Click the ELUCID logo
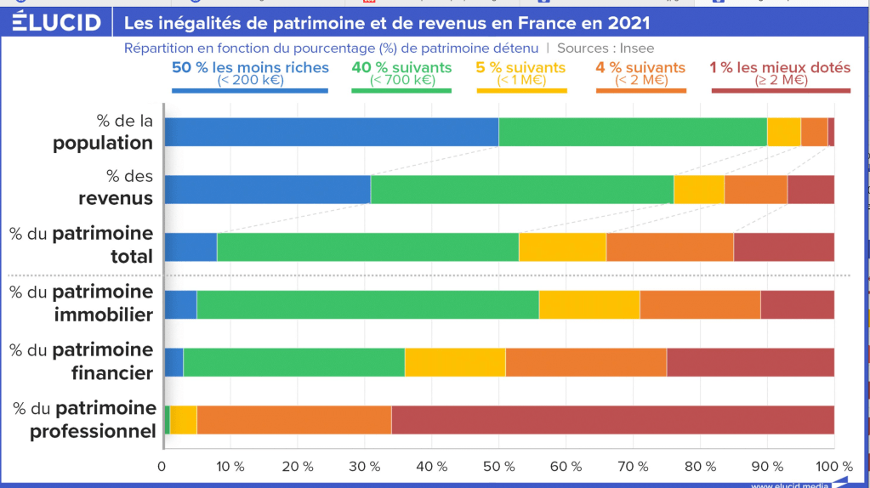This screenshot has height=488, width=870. [56, 22]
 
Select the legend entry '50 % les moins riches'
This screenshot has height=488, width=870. [249, 67]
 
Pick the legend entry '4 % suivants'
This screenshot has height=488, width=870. [640, 67]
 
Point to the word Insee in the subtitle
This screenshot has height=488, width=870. [636, 48]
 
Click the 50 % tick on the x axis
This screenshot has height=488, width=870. [498, 467]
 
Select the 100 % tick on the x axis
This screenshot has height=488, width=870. [833, 467]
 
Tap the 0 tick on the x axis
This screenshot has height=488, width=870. [162, 467]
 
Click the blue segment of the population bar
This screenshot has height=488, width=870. [331, 133]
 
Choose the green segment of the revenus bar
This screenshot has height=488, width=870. [521, 190]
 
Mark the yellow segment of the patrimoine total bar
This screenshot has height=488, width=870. [562, 247]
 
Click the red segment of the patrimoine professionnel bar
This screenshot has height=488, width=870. [612, 420]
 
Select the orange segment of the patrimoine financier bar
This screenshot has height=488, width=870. [586, 362]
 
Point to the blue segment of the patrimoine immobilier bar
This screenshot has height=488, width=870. [180, 304]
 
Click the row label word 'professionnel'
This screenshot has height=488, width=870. [94, 432]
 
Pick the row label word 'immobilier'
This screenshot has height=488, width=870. [104, 315]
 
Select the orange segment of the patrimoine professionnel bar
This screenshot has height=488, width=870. [294, 420]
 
